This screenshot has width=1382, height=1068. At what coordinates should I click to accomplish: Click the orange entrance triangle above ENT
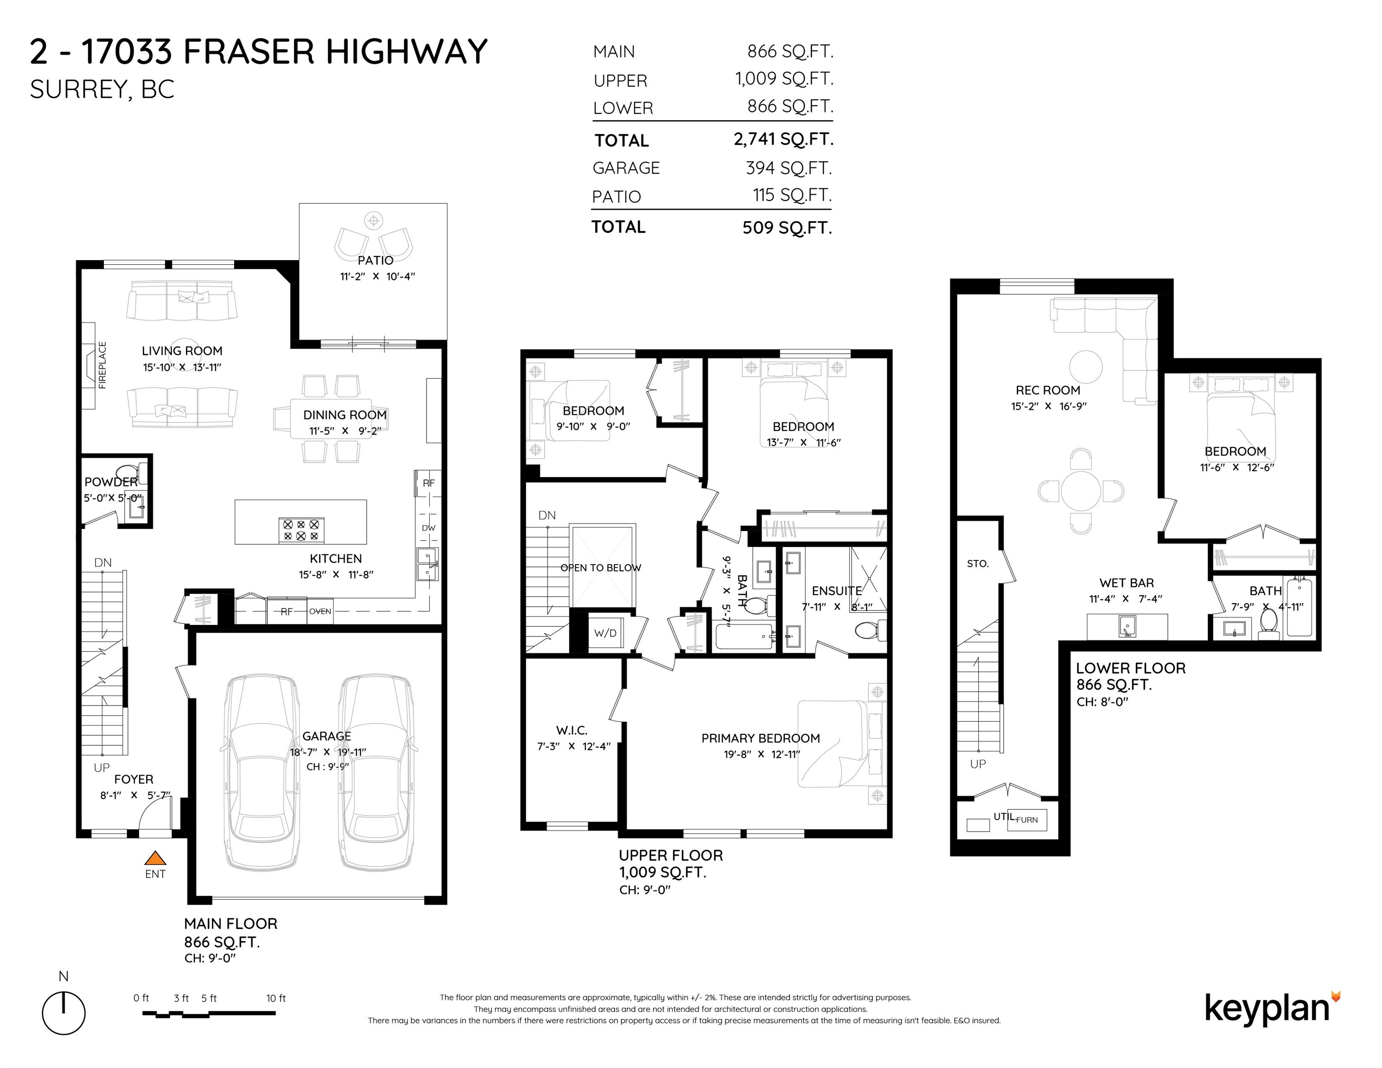155,858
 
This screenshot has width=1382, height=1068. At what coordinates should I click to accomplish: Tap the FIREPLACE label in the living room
102,365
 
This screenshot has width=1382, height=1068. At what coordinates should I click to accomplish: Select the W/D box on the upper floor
605,633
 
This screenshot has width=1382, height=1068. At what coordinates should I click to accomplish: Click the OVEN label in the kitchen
320,611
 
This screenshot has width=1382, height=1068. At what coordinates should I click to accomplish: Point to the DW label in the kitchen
428,528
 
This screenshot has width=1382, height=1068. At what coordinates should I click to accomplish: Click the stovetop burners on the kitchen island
301,529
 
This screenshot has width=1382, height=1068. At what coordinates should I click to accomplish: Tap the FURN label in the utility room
1027,820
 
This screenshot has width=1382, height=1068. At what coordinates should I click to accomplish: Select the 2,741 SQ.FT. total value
783,139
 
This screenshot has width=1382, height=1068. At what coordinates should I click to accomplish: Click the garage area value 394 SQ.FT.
789,168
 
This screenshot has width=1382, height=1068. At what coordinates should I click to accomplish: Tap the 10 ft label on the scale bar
276,998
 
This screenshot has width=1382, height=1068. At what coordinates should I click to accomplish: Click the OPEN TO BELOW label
600,567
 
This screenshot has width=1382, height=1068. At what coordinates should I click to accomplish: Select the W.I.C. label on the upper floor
572,730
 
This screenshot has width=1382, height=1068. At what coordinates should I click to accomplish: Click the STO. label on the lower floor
978,563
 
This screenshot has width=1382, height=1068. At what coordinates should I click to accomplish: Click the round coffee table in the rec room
1086,367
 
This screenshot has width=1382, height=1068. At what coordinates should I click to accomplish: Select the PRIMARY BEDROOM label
761,738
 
